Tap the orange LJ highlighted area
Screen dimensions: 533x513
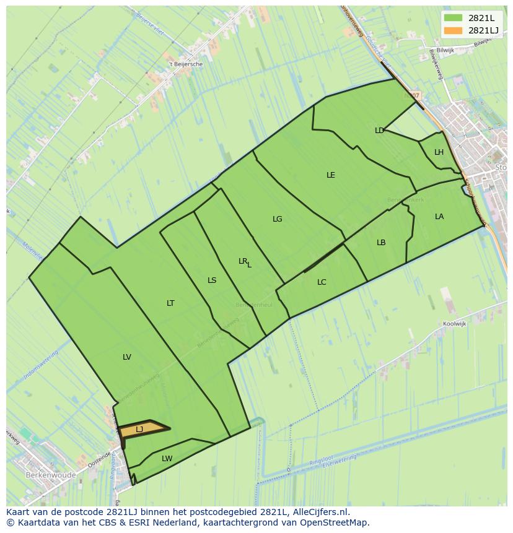pyautogui.click(x=144, y=428)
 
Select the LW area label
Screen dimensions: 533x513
pyautogui.click(x=167, y=459)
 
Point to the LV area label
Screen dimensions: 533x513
pyautogui.click(x=127, y=357)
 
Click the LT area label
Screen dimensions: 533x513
pyautogui.click(x=170, y=303)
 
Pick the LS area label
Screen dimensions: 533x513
pyautogui.click(x=212, y=280)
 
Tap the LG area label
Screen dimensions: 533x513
pyautogui.click(x=277, y=219)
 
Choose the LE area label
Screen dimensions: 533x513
pyautogui.click(x=331, y=175)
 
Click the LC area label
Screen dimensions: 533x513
pyautogui.click(x=322, y=282)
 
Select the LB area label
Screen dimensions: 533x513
pyautogui.click(x=381, y=243)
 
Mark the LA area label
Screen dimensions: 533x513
pyautogui.click(x=439, y=217)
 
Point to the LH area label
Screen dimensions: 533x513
pyautogui.click(x=439, y=152)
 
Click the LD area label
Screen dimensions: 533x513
pyautogui.click(x=379, y=131)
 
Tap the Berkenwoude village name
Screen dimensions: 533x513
pyautogui.click(x=51, y=475)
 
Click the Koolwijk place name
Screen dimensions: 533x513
pyautogui.click(x=454, y=324)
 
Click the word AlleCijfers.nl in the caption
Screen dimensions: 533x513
pyautogui.click(x=320, y=513)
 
